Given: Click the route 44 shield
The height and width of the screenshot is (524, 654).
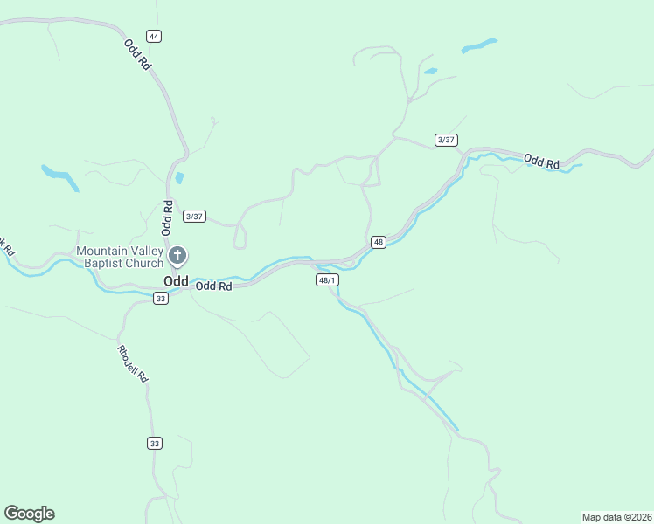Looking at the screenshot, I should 154,36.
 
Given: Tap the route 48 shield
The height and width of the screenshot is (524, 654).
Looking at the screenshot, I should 378,242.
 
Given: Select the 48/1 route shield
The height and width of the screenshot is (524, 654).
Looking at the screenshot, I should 327,280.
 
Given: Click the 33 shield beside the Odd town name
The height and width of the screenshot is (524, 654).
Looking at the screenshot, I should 160,299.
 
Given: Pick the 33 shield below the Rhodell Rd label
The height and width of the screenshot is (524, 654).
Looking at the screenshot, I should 155,444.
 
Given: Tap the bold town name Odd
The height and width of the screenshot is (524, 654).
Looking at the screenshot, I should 175,281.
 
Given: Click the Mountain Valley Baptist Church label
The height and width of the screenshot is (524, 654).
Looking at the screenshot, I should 120,257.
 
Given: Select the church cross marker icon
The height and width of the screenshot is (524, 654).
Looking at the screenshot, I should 177,256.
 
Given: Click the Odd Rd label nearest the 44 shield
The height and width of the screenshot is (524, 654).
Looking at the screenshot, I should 138,55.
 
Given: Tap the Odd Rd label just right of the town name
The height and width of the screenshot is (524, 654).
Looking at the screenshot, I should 213,286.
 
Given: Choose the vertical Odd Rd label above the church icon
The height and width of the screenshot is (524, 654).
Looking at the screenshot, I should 166,218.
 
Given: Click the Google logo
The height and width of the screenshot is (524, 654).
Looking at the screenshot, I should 29,514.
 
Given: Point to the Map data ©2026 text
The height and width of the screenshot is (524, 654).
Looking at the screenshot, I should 616,516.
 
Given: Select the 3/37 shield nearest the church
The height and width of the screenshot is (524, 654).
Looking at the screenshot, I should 195,217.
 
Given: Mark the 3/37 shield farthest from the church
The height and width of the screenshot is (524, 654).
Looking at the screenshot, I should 446,140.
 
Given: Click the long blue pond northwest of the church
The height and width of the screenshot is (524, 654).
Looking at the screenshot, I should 59,176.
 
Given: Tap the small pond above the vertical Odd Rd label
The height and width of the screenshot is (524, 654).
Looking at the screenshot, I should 179,178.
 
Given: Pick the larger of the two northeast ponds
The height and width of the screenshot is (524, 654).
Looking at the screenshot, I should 479,45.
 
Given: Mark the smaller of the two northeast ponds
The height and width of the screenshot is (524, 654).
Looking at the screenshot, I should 430,71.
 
